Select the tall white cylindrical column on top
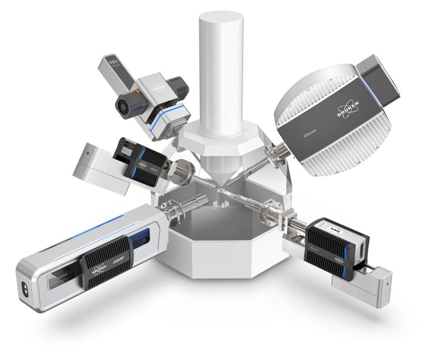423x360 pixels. (x=221, y=72)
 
